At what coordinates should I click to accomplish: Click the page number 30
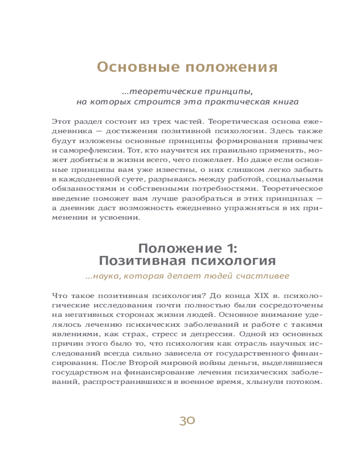point(187,421)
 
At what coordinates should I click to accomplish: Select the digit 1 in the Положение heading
point(226,248)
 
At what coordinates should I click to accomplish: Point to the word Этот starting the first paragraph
point(62,121)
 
